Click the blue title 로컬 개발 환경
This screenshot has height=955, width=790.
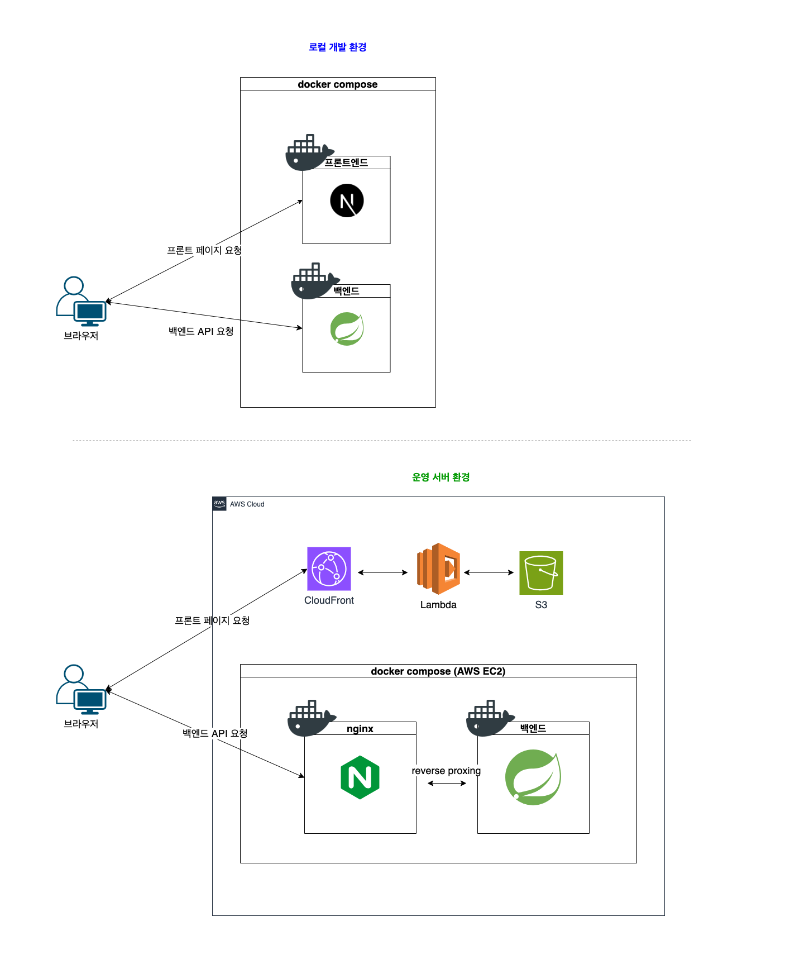point(337,47)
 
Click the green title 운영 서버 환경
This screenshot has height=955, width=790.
point(441,477)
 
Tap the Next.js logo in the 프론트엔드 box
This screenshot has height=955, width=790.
point(347,200)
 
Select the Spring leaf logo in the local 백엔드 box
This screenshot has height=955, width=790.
point(347,329)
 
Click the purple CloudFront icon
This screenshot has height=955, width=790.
point(329,569)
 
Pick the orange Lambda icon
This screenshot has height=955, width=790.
point(439,569)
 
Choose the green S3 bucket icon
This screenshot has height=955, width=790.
point(541,573)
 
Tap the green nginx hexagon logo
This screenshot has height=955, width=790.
point(360,777)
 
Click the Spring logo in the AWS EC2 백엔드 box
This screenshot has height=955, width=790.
point(533,777)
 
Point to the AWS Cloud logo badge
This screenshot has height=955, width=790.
point(219,504)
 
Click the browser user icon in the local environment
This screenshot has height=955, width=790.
point(81,302)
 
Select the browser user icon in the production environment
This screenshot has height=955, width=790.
point(81,690)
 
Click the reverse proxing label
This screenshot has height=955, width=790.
point(446,771)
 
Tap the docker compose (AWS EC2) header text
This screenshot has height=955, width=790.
point(438,671)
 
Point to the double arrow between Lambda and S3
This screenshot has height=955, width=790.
point(489,572)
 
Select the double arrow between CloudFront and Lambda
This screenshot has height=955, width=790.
point(382,572)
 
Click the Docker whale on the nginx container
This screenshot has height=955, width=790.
point(310,718)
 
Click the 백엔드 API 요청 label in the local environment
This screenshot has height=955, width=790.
point(201,332)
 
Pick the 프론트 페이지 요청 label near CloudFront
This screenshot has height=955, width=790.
point(212,620)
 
